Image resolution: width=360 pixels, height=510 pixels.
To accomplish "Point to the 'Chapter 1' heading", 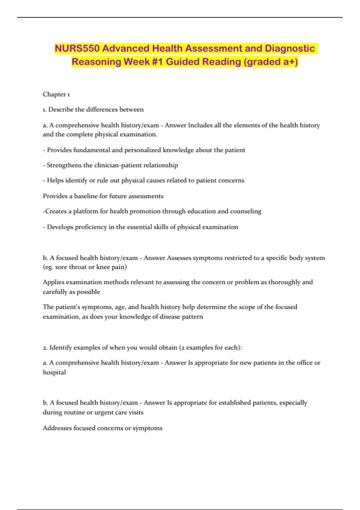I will click(x=56, y=94).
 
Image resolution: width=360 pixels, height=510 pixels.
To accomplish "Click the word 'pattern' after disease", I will click(x=192, y=317).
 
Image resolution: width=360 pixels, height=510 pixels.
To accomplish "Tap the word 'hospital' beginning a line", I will click(x=54, y=372).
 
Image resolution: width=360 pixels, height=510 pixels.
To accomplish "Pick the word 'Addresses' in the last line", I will click(x=57, y=428).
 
